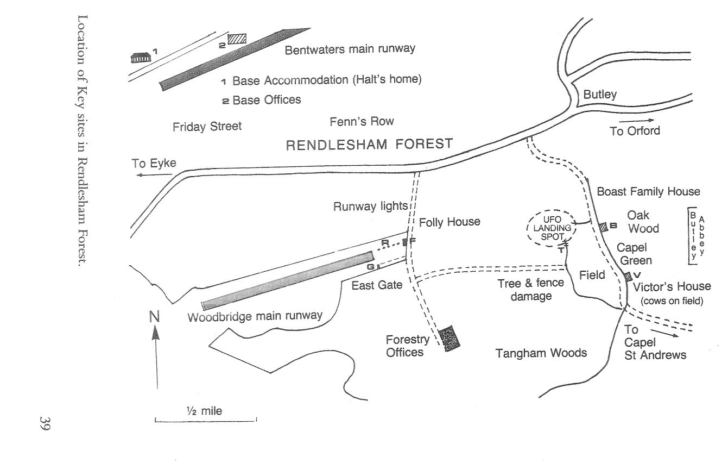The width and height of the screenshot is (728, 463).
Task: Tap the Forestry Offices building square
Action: (x=449, y=339)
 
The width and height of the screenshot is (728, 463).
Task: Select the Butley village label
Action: (x=600, y=95)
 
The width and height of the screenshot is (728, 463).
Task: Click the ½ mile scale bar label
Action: (x=204, y=411)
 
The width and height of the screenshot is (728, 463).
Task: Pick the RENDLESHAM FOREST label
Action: (x=369, y=145)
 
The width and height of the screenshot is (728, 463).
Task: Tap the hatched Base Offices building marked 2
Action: (x=237, y=39)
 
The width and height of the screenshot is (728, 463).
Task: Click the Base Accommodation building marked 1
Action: (x=140, y=57)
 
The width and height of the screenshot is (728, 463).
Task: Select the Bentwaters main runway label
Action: (x=350, y=49)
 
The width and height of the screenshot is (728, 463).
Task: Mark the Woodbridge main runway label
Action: (x=255, y=315)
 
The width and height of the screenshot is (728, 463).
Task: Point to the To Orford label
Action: (x=635, y=131)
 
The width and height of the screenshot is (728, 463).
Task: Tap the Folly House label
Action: (x=450, y=222)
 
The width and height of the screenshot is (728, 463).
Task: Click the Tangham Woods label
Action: (x=541, y=353)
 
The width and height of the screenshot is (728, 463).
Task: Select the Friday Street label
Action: (x=207, y=127)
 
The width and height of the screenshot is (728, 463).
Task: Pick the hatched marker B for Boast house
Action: (x=603, y=227)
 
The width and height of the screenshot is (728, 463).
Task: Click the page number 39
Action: (x=44, y=424)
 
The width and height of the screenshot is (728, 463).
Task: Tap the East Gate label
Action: (x=377, y=285)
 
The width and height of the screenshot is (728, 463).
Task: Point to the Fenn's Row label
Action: (x=362, y=121)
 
